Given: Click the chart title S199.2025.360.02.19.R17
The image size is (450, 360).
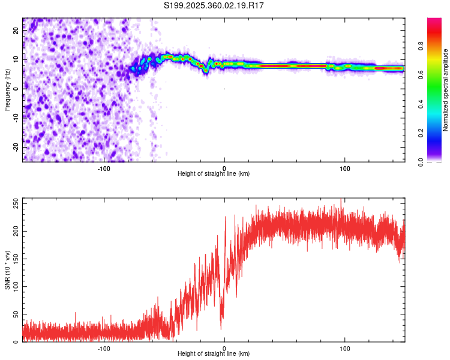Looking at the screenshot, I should [214, 6].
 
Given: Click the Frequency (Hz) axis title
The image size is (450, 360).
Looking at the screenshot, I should [7, 89].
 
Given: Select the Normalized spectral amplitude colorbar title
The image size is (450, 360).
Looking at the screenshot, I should [446, 90].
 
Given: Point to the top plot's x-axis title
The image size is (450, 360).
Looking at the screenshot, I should [214, 174].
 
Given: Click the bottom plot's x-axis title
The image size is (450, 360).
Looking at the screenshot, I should [214, 353].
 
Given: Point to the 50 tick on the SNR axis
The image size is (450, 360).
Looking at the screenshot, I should [14, 314].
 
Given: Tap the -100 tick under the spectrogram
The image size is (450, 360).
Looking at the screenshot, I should [104, 168].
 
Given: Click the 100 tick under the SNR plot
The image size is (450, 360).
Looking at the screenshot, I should [345, 347].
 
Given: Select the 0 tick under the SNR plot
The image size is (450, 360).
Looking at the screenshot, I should [224, 347].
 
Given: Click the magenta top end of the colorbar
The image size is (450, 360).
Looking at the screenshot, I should [434, 20].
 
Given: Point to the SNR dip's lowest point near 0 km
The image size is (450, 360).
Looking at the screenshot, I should [221, 328].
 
